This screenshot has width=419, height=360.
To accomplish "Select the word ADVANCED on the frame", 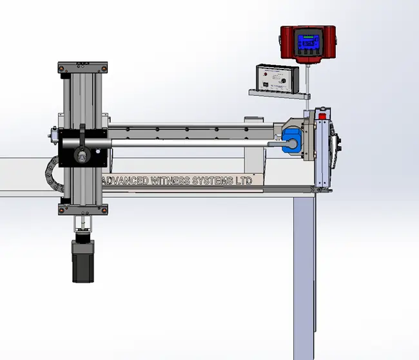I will [x=126, y=182].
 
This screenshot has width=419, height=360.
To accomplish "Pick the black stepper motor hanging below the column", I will [x=83, y=260].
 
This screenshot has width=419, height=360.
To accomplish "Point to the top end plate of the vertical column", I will [x=82, y=67].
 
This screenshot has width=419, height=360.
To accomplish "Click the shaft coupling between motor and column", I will [x=82, y=225].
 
